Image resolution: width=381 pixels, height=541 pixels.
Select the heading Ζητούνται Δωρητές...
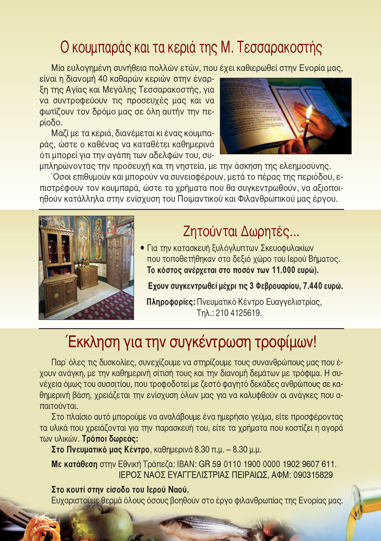(241, 231)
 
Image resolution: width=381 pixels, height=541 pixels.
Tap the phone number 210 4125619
(238, 313)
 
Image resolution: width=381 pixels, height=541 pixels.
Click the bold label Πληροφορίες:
(171, 302)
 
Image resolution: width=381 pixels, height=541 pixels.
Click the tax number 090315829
(313, 475)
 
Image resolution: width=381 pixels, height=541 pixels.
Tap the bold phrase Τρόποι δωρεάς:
(110, 439)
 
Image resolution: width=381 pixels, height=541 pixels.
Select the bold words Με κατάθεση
(74, 464)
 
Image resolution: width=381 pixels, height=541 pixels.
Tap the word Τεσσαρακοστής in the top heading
(279, 48)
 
